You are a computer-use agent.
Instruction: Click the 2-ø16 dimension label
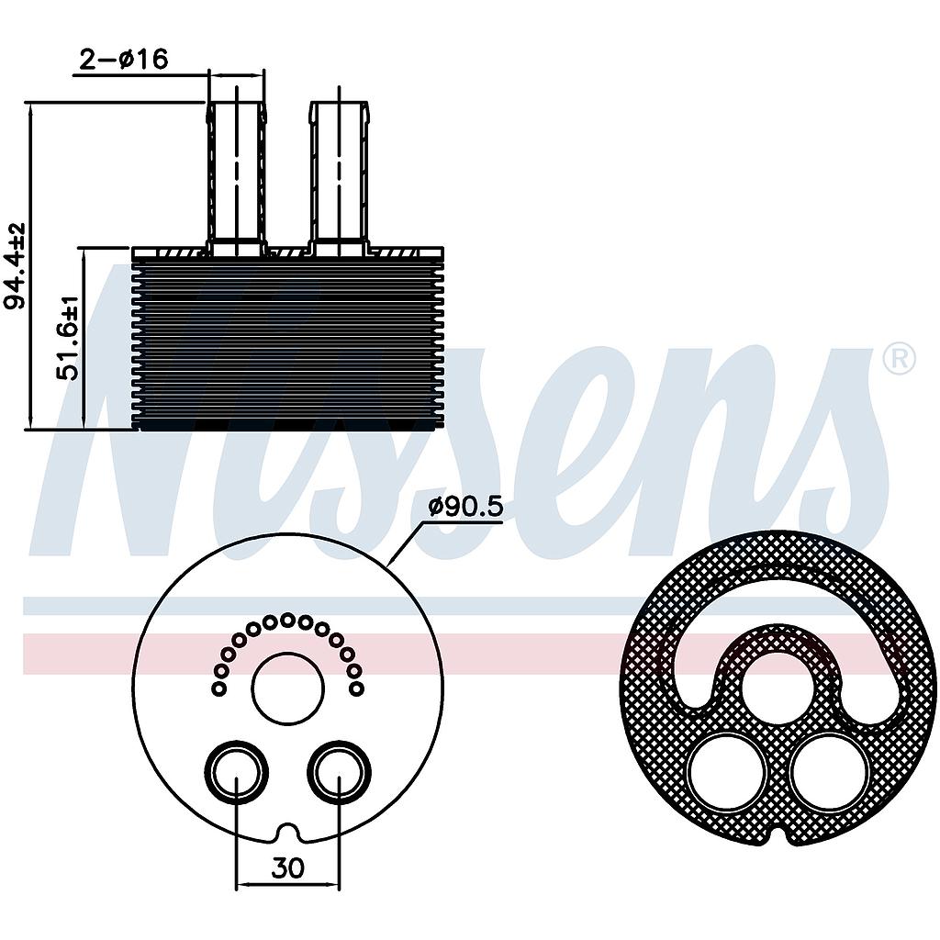pyautogui.click(x=123, y=60)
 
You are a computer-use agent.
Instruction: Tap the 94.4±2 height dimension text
pyautogui.click(x=16, y=266)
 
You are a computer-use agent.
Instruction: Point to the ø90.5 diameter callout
pyautogui.click(x=466, y=508)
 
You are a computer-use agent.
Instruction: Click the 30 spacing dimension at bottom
pyautogui.click(x=287, y=867)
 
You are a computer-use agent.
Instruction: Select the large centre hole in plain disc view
pyautogui.click(x=287, y=688)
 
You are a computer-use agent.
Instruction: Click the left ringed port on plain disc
pyautogui.click(x=236, y=772)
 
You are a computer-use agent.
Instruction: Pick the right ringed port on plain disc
pyautogui.click(x=339, y=772)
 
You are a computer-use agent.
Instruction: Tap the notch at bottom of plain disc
pyautogui.click(x=287, y=833)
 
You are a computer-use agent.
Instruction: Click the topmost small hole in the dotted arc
pyautogui.click(x=287, y=620)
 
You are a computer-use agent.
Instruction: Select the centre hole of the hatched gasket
pyautogui.click(x=778, y=688)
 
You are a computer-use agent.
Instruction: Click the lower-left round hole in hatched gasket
pyautogui.click(x=726, y=772)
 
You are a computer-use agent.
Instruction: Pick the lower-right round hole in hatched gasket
pyautogui.click(x=829, y=772)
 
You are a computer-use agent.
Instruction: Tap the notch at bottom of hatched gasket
pyautogui.click(x=778, y=834)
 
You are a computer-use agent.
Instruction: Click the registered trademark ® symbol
pyautogui.click(x=899, y=359)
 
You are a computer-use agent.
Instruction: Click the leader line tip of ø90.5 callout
pyautogui.click(x=389, y=563)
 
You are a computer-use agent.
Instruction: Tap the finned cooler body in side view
pyautogui.click(x=287, y=344)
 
